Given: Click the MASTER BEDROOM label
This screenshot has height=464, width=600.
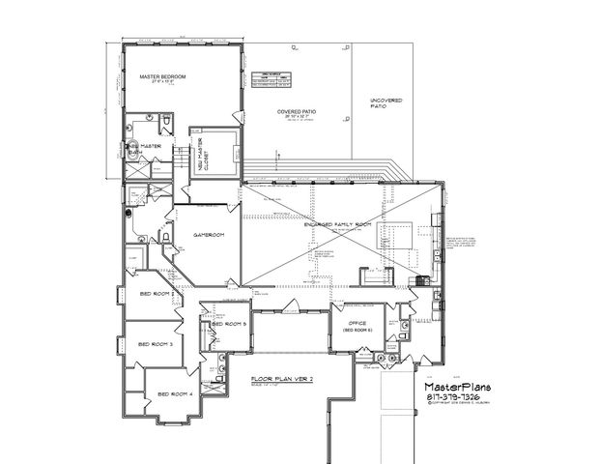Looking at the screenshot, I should (161, 75).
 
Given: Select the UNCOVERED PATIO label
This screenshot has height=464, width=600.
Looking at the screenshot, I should (387, 102).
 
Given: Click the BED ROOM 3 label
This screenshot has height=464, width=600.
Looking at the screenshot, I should (157, 344).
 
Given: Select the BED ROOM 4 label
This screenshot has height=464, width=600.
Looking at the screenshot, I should (176, 394).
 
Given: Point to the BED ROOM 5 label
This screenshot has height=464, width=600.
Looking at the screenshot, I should (232, 325).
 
